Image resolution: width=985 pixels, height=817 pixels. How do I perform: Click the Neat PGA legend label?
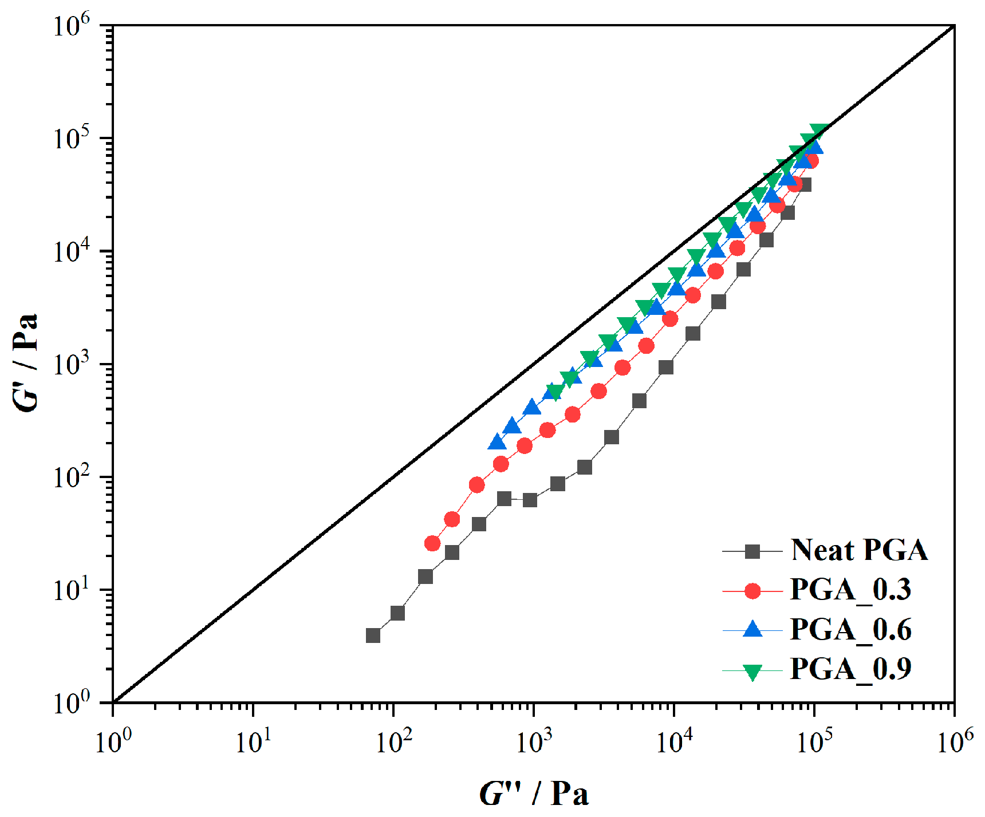coord(859,550)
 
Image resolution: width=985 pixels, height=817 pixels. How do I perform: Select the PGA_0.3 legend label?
coord(850,590)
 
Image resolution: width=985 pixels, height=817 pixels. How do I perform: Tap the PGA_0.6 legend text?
coord(850,630)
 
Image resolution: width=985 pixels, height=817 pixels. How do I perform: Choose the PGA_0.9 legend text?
coord(850,669)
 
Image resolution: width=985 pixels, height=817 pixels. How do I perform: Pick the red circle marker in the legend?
coord(752,591)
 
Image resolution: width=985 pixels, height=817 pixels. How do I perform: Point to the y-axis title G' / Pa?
coord(26,362)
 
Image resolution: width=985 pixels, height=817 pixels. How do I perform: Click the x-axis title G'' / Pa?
coord(534,794)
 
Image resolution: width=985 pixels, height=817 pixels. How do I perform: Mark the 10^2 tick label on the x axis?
coord(393,741)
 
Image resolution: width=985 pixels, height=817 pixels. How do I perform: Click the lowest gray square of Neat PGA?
coord(373,636)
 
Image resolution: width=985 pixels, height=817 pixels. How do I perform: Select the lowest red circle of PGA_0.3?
coord(432,543)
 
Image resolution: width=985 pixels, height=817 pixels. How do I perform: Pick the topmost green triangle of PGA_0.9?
coord(819,131)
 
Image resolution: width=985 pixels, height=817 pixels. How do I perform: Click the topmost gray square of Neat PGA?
coord(805,184)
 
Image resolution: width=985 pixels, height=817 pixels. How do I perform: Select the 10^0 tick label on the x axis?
coord(113,741)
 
